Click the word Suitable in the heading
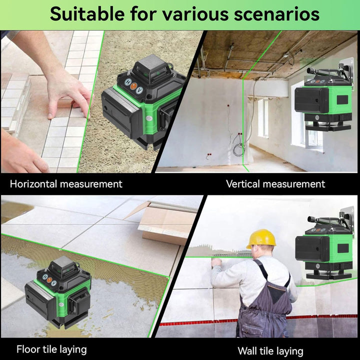click(87, 14)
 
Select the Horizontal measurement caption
click(66, 184)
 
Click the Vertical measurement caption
click(275, 184)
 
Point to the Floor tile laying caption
click(51, 349)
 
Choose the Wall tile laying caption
click(270, 351)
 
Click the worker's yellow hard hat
click(261, 239)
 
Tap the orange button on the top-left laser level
click(133, 86)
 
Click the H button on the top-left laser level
click(128, 82)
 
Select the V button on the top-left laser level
click(139, 90)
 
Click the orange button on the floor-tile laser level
click(49, 280)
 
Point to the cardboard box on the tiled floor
click(164, 221)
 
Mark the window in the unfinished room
click(263, 117)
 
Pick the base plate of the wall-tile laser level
click(329, 275)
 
